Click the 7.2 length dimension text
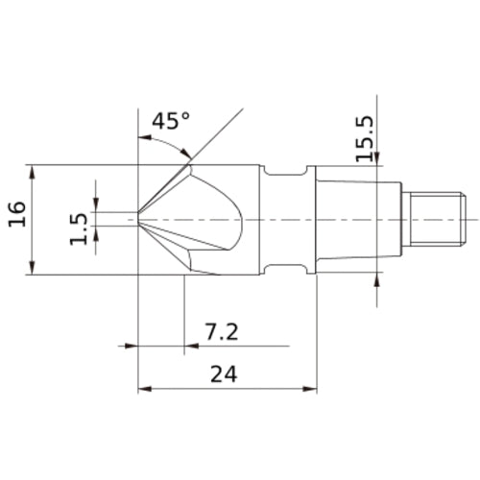222,332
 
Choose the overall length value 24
223,374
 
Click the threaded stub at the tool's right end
433,219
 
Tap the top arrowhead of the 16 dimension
35,169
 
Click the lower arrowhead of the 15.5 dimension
376,278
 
